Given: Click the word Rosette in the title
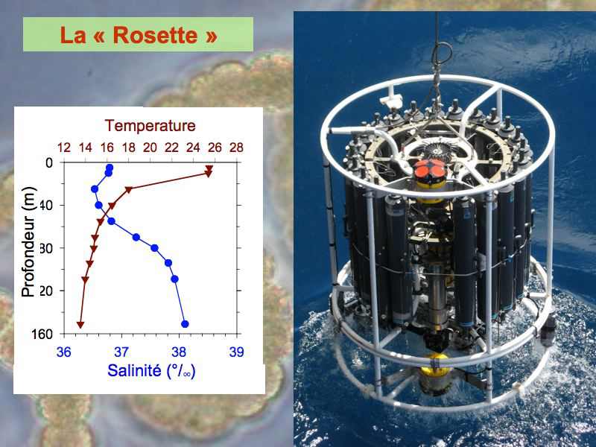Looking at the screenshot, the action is [155, 35].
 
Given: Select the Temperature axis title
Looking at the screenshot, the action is [150, 126].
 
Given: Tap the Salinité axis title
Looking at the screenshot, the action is [151, 370].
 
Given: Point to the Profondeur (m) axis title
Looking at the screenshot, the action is [28, 241].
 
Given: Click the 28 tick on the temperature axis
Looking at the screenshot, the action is [236, 148].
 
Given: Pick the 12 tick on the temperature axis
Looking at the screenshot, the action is [64, 148].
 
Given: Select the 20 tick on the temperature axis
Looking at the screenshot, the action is [150, 148].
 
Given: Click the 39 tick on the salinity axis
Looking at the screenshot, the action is [236, 352].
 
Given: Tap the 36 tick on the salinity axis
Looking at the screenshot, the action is [64, 352].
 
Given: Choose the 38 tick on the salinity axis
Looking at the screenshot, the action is [179, 352].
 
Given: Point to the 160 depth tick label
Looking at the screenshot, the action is [42, 334].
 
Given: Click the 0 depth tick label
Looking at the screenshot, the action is [49, 163].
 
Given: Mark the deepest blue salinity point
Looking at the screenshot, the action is [185, 324].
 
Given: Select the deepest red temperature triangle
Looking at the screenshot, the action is [80, 325].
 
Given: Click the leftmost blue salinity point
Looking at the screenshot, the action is [95, 189].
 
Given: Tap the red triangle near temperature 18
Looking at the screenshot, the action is [128, 189].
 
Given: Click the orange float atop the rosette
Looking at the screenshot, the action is [430, 170].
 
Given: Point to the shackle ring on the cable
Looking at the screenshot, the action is [442, 53].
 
